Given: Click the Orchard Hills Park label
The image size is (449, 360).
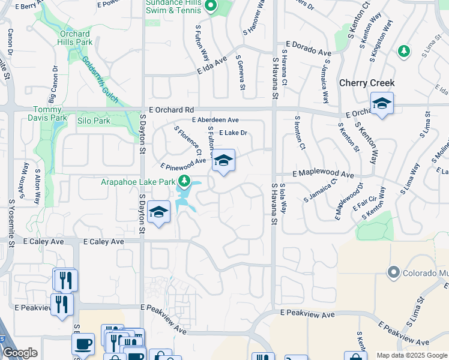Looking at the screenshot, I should [x=75, y=38].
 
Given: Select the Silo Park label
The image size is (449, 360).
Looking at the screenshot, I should [x=94, y=121].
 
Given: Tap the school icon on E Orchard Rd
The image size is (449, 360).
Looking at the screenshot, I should [x=381, y=104].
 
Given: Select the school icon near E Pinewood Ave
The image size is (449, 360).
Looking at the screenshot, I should [x=223, y=161].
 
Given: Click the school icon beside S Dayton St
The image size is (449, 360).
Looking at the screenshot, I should [x=158, y=212].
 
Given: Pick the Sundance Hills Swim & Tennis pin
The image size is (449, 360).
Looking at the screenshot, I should [x=210, y=7].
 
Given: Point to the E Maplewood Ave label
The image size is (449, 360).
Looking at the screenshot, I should [x=324, y=173].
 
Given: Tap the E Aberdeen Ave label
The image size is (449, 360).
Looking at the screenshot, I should [x=215, y=120].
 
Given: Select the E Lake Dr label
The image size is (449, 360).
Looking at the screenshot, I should [x=234, y=133].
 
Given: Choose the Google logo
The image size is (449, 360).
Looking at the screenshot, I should [x=20, y=353].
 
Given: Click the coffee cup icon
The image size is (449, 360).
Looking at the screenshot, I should [x=83, y=344].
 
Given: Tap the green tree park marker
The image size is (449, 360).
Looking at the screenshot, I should [x=405, y=51].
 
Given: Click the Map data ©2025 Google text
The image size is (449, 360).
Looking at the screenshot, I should [x=411, y=355].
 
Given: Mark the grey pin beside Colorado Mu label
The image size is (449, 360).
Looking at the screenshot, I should [x=393, y=272].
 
